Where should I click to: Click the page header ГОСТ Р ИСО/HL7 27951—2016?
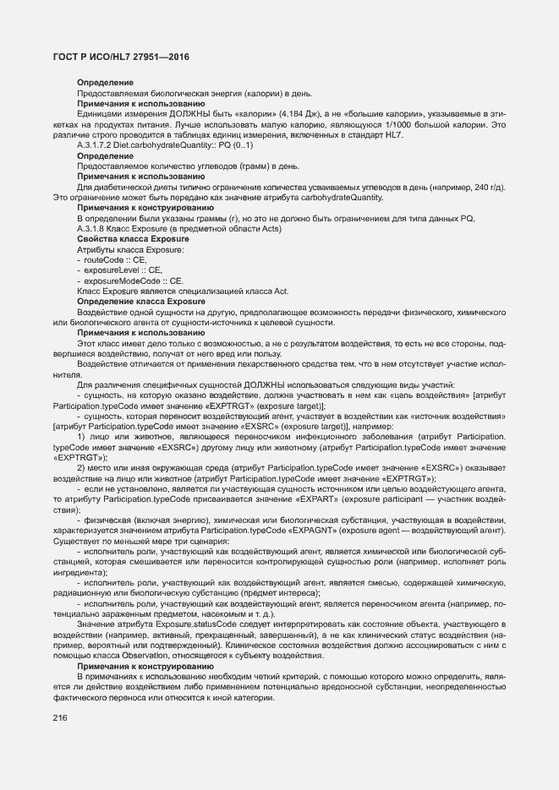117,56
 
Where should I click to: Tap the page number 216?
61,718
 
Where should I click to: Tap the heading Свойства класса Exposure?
124,239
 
